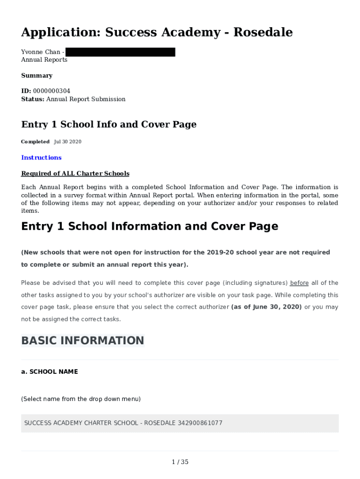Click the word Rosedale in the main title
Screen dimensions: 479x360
click(263, 32)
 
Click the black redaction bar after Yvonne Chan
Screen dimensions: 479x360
click(120, 52)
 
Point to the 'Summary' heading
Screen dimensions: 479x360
click(36, 75)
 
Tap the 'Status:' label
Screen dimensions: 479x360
click(33, 99)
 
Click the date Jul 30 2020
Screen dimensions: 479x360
click(68, 142)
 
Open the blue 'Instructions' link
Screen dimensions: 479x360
click(41, 158)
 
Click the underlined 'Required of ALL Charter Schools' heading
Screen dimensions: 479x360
click(75, 174)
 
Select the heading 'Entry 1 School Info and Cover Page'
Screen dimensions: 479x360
click(108, 124)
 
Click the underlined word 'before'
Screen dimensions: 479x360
click(299, 283)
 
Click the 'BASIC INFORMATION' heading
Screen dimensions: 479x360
click(83, 341)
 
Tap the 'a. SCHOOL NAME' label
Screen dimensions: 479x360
click(50, 372)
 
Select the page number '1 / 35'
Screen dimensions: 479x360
click(180, 462)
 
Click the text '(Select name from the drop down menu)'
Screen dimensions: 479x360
click(81, 399)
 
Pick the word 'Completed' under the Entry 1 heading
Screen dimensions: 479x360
click(35, 142)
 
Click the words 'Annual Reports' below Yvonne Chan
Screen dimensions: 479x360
click(44, 60)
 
